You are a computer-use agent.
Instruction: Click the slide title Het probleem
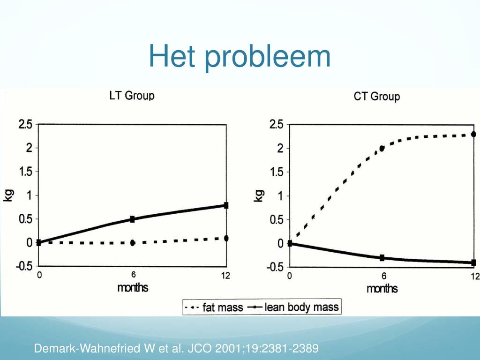pyautogui.click(x=240, y=57)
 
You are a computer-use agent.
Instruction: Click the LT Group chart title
pyautogui.click(x=132, y=96)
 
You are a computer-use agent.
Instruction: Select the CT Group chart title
pyautogui.click(x=376, y=97)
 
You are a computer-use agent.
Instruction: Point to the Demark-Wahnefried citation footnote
pyautogui.click(x=176, y=348)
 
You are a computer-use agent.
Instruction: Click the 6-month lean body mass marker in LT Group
pyautogui.click(x=133, y=219)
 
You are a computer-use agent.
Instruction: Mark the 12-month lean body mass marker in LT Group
pyautogui.click(x=226, y=205)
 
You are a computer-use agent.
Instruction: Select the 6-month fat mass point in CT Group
pyautogui.click(x=382, y=148)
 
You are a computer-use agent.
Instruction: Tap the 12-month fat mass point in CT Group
pyautogui.click(x=473, y=135)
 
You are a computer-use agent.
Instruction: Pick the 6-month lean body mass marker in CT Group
pyautogui.click(x=382, y=258)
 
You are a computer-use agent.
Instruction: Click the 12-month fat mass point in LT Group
pyautogui.click(x=226, y=238)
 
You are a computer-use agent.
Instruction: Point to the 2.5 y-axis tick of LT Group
pyautogui.click(x=25, y=125)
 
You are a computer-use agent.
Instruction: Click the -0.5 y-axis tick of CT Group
pyautogui.click(x=276, y=267)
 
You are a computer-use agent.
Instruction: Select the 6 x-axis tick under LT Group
pyautogui.click(x=133, y=276)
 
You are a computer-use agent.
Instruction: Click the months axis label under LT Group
pyautogui.click(x=133, y=287)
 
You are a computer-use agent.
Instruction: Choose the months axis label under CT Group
pyautogui.click(x=382, y=288)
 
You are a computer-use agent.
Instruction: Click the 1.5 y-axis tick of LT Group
pyautogui.click(x=25, y=172)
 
